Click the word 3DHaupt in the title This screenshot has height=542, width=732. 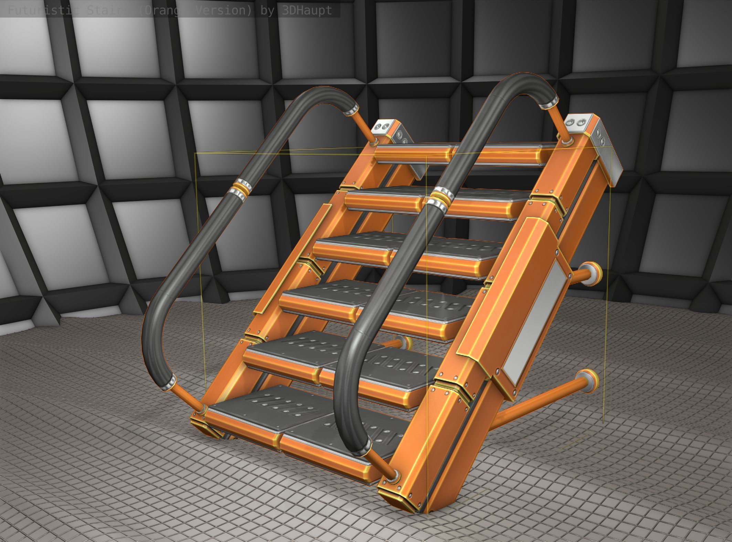coord(307,11)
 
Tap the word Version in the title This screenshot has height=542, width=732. coord(223,11)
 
